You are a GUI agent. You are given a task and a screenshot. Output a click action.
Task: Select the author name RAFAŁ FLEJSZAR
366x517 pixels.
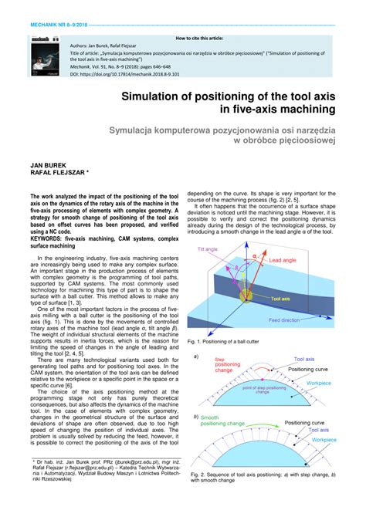[59, 174]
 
